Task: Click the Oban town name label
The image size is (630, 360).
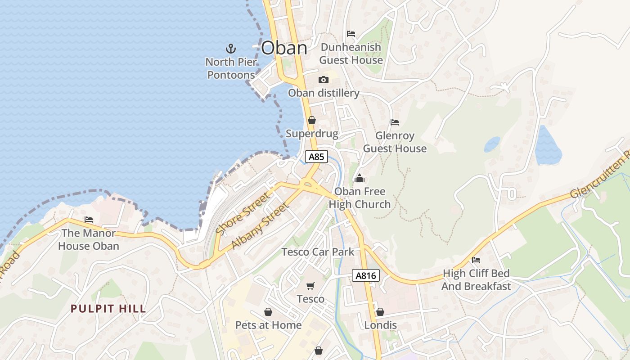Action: pos(284,48)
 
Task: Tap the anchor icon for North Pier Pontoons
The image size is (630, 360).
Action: pos(230,48)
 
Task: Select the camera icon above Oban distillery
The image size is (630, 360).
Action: pos(323,80)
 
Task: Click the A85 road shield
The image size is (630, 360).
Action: pos(316,157)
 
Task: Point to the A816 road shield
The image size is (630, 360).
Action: pos(365,276)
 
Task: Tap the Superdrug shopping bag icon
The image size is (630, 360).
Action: pos(311,120)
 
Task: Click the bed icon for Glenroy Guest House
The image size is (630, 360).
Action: pos(395,122)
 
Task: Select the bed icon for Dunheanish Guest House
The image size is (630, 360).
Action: pos(351,34)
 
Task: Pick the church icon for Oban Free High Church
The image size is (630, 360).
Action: pos(359,179)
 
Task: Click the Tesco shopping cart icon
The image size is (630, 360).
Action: pos(310,286)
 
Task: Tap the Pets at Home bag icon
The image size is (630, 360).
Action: pos(268,312)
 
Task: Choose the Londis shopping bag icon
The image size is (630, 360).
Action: pos(380,312)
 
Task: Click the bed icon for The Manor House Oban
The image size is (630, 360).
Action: pos(89,220)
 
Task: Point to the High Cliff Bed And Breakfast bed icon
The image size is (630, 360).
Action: pos(476,260)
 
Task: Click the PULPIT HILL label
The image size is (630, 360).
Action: pos(108,309)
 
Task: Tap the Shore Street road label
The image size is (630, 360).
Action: pos(243,213)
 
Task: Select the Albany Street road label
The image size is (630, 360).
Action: pos(259,226)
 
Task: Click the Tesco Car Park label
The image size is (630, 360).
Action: pos(318,252)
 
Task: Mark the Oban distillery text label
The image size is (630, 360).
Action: pos(324,93)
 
